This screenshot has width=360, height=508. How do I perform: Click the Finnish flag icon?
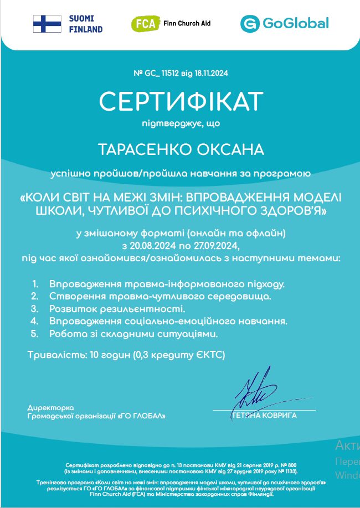point(47,24)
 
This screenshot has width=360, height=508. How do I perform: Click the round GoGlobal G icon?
point(250,24)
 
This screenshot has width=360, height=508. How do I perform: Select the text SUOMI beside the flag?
point(81,18)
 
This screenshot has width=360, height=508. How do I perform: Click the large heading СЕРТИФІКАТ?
point(181,102)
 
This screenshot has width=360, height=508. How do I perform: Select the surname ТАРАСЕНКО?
point(144,150)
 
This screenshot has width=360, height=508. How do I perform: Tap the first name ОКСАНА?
point(229,150)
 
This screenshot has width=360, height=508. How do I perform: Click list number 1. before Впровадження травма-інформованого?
point(35,284)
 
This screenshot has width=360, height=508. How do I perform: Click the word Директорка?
point(50,407)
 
